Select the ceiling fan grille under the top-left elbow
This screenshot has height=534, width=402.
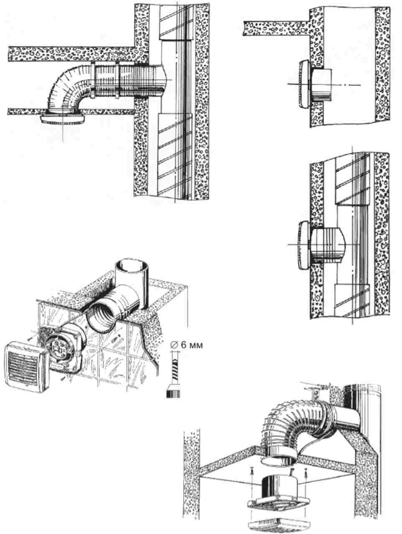pos(63,119)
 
